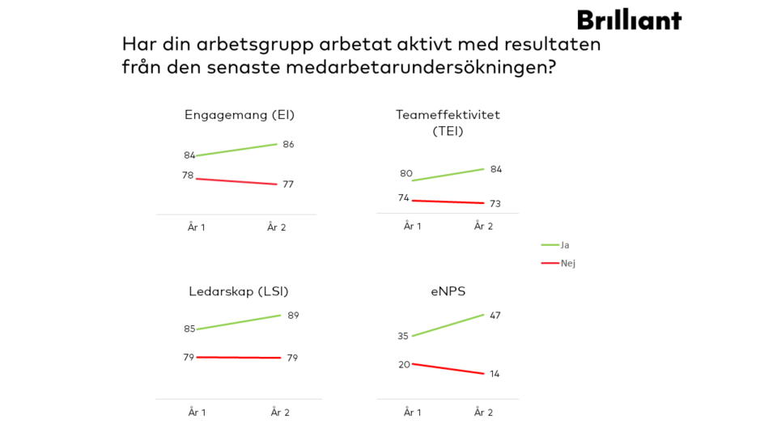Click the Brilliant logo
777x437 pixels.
pos(629,19)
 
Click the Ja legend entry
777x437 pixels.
pos(565,244)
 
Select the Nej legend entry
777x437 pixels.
pos(567,263)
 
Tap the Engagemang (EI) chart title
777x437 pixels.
pos(240,115)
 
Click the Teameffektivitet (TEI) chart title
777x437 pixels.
pos(448,122)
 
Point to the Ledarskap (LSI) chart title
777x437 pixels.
pos(238,291)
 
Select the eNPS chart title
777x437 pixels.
pos(448,291)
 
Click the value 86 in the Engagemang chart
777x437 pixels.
pos(288,144)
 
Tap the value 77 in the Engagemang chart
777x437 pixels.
pos(288,185)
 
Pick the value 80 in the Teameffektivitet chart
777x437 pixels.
pos(406,173)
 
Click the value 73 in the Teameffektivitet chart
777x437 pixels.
pos(495,203)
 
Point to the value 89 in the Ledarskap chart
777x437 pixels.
pos(293,315)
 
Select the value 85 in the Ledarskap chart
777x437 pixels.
pos(189,329)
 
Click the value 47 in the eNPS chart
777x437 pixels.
pos(495,315)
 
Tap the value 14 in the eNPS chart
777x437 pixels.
pos(495,373)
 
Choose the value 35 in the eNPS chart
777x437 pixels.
pos(403,336)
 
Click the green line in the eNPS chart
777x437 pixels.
pos(448,325)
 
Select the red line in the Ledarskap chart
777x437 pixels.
pos(239,357)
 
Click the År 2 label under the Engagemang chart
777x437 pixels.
pos(277,227)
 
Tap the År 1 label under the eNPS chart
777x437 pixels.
pos(413,413)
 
